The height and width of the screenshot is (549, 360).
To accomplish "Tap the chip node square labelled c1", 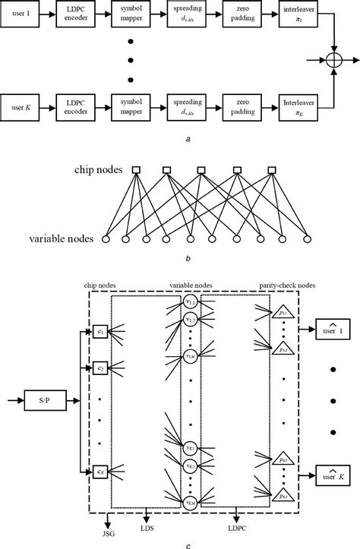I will [100, 332].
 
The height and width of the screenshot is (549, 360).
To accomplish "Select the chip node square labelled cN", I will [100, 472].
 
